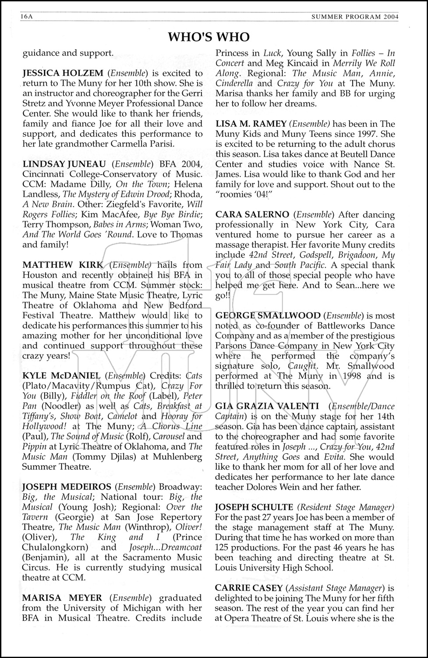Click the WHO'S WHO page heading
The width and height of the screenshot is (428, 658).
(209, 37)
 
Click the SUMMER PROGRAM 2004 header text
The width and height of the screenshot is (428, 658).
(355, 17)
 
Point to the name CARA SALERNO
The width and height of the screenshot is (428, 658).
(252, 215)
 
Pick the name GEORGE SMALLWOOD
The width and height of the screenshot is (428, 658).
(268, 315)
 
